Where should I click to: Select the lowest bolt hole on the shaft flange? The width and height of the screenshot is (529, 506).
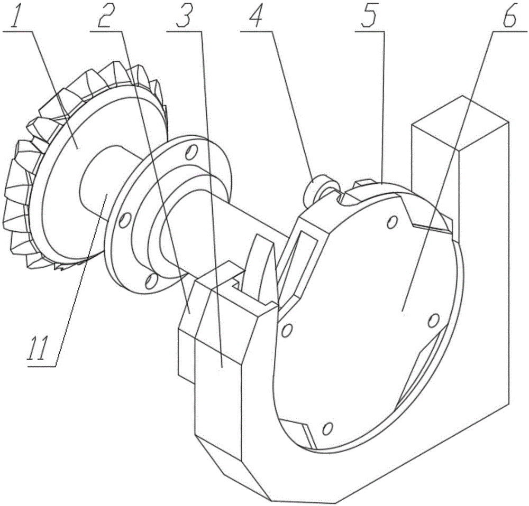[x=151, y=280]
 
